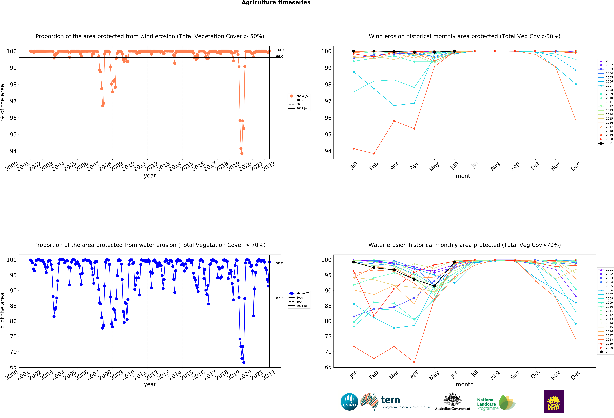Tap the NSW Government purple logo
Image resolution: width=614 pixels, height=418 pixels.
553,402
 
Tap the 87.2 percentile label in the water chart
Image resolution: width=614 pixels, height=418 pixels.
280,298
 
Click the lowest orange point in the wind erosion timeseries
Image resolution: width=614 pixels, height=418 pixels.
242,154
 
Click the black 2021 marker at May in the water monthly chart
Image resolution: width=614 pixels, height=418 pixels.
434,286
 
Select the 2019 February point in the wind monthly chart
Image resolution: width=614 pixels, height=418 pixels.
374,154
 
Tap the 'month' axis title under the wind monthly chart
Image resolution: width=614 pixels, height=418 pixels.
464,176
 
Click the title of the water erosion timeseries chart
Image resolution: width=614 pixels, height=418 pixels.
150,245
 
